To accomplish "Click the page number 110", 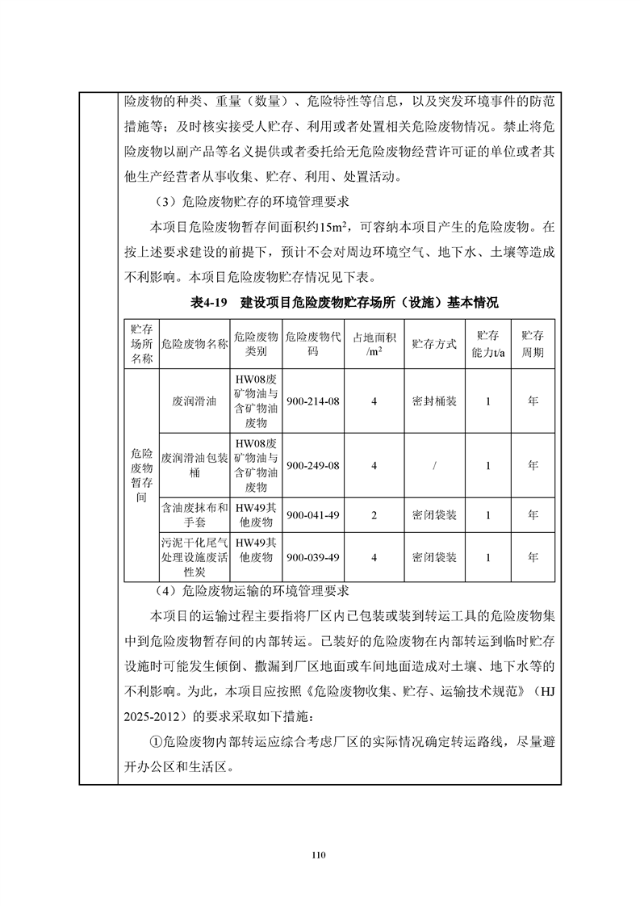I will click(320, 854).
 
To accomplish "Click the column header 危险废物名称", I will click(195, 344).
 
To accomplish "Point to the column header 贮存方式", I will click(434, 344).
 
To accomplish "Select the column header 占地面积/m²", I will click(374, 344).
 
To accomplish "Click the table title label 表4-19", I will click(209, 304).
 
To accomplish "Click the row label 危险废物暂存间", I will click(142, 476).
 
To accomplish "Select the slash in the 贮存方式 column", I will click(434, 465).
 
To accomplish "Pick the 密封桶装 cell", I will click(434, 401).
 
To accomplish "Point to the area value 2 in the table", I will click(374, 514).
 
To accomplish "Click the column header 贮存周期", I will click(532, 344).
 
